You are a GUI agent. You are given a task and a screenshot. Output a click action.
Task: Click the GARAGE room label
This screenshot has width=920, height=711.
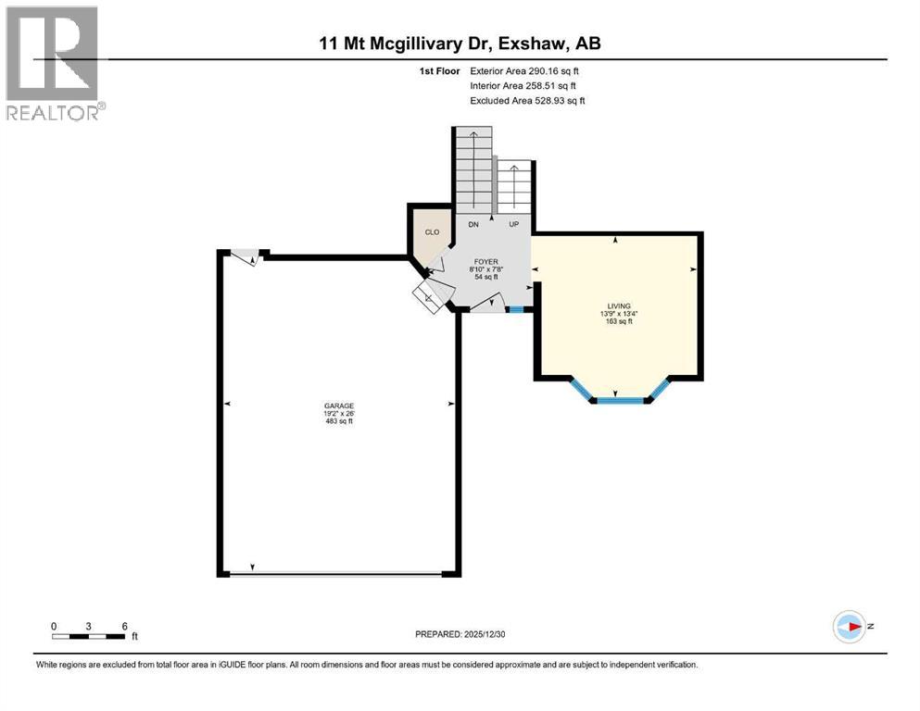[338, 405]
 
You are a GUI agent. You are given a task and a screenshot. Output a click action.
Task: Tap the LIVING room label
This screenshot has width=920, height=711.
[618, 306]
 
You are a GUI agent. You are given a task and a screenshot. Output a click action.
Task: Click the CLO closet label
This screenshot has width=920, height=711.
[432, 232]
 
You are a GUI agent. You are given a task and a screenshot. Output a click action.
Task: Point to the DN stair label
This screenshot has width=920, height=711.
[473, 225]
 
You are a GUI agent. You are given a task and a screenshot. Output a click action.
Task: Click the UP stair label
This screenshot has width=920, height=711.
[514, 225]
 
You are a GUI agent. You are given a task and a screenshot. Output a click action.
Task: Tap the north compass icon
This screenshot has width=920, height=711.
[850, 626]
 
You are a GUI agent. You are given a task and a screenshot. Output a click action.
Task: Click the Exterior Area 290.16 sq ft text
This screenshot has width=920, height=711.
[525, 70]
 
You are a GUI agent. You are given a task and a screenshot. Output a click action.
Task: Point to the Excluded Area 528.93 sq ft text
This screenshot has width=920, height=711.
[527, 100]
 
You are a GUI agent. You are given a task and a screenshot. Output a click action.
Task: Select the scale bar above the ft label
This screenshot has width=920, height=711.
[89, 636]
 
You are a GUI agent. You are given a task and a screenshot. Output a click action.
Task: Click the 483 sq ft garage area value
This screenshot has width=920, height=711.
[338, 421]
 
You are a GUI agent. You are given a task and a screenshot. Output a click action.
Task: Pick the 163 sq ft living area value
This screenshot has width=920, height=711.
[618, 321]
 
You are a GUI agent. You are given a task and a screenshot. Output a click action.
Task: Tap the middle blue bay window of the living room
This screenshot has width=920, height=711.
[619, 400]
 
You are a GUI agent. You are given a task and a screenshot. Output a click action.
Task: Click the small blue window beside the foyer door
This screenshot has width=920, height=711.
[517, 309]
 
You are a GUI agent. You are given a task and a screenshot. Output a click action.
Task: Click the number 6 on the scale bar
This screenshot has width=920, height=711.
[124, 626]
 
